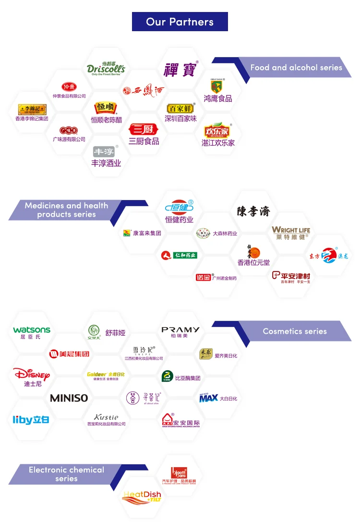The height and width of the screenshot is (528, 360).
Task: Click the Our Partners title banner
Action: [180, 22]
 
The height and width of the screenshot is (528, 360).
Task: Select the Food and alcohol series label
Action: [296, 68]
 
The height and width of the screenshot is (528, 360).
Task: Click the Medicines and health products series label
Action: [67, 210]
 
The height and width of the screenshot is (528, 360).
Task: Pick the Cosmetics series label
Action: [294, 331]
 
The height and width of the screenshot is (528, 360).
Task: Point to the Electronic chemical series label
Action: [66, 474]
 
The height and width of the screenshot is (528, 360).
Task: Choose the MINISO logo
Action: [69, 398]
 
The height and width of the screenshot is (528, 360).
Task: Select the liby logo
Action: [31, 420]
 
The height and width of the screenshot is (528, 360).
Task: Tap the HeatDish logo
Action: [142, 497]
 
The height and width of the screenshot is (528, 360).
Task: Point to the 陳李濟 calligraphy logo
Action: [253, 211]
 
